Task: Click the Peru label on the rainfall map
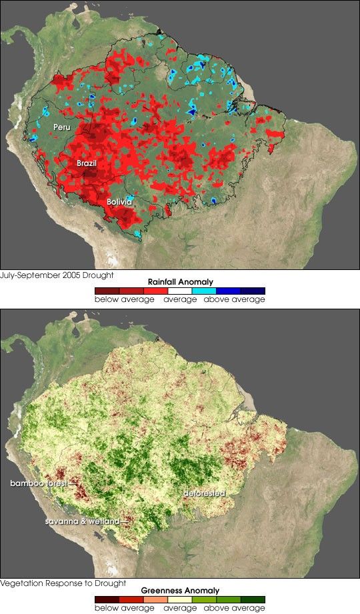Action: pyautogui.click(x=61, y=126)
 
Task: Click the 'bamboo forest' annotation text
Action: pyautogui.click(x=38, y=482)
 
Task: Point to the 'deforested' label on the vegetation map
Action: pyautogui.click(x=205, y=494)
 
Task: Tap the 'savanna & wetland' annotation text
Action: pyautogui.click(x=82, y=521)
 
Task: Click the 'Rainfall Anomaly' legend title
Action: pyautogui.click(x=180, y=282)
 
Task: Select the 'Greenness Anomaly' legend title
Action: pyautogui.click(x=180, y=591)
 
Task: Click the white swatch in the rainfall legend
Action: pyautogui.click(x=180, y=291)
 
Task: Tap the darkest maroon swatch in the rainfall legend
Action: pyautogui.click(x=107, y=291)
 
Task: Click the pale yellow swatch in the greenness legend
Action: pyautogui.click(x=180, y=599)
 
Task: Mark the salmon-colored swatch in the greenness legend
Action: pyautogui.click(x=155, y=599)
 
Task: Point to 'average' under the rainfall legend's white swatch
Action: pyautogui.click(x=180, y=300)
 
